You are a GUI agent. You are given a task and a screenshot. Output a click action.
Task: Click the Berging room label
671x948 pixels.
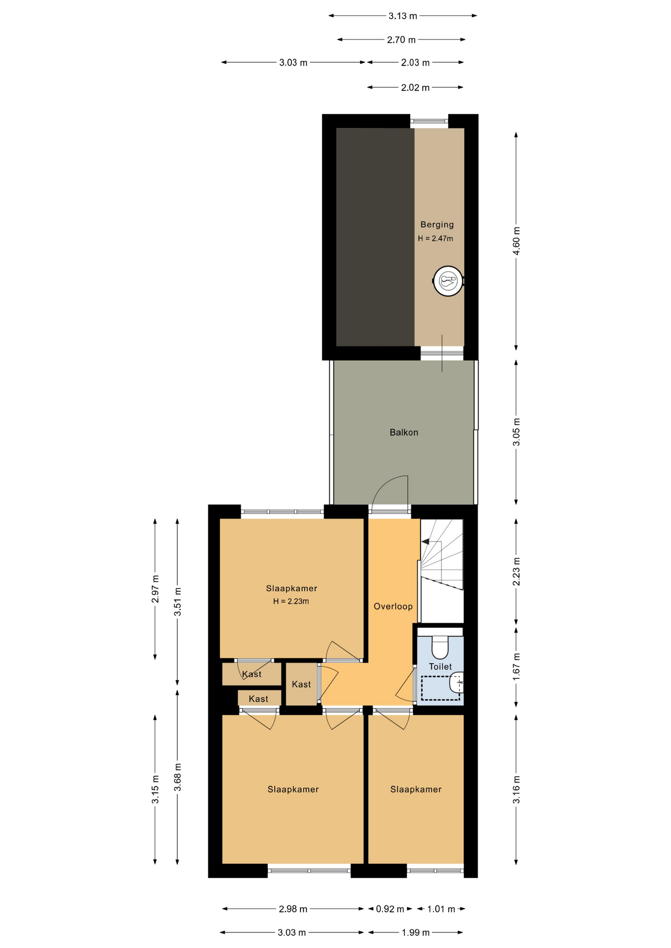[437, 225]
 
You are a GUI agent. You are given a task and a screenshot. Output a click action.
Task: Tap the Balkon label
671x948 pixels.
[404, 433]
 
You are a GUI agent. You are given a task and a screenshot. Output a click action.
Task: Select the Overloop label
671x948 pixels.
[393, 606]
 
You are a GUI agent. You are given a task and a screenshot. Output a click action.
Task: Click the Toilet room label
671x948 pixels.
[440, 667]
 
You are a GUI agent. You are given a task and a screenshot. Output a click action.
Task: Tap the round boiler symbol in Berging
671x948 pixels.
[448, 281]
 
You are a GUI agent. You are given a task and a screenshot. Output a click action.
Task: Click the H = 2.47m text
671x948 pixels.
[435, 238]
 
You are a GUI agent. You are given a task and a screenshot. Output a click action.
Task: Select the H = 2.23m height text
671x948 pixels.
[291, 601]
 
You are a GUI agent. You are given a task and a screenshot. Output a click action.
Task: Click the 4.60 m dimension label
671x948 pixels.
[516, 241]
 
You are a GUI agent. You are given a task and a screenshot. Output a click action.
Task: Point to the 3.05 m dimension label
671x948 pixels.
[516, 432]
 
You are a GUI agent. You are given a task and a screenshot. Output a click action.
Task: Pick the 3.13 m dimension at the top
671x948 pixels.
[403, 16]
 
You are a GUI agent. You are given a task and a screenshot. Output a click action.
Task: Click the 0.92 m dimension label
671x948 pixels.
[390, 909]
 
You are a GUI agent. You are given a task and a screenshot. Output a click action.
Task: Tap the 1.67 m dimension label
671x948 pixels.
[516, 667]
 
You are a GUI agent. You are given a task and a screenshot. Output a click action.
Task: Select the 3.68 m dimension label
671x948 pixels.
[178, 777]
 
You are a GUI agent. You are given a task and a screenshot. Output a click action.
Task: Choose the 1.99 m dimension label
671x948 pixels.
[416, 933]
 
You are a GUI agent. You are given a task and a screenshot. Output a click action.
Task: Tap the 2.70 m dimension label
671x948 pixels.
[401, 39]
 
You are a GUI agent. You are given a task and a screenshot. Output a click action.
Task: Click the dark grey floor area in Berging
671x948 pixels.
[375, 237]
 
